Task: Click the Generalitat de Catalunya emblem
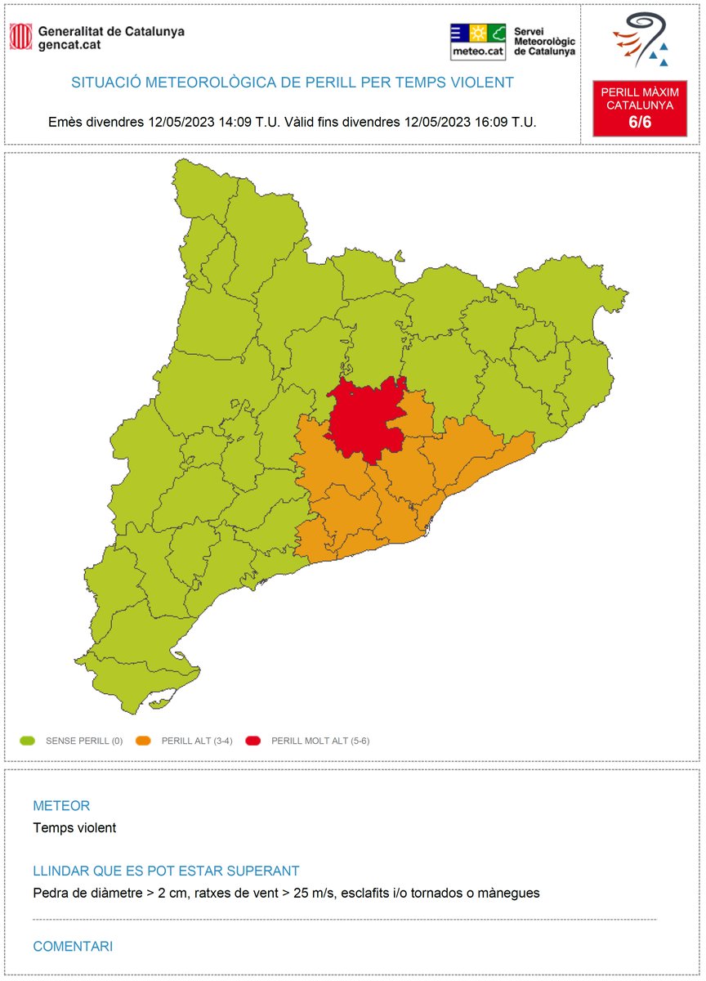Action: pyautogui.click(x=20, y=36)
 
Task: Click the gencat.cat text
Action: pyautogui.click(x=69, y=46)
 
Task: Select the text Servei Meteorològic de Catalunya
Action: pyautogui.click(x=544, y=41)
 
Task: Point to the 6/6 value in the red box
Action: pyautogui.click(x=640, y=122)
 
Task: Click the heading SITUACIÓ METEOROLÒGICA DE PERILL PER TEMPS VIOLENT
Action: pyautogui.click(x=293, y=83)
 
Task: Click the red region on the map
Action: pyautogui.click(x=364, y=417)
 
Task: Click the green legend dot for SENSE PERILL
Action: pyautogui.click(x=28, y=741)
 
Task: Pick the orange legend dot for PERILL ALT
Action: pyautogui.click(x=144, y=741)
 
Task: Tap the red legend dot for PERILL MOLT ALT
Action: pyautogui.click(x=254, y=741)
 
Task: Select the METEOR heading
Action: pyautogui.click(x=61, y=806)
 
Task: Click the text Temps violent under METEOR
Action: pyautogui.click(x=74, y=828)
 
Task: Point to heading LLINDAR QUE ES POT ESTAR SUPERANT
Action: pyautogui.click(x=166, y=871)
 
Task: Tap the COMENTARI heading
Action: pyautogui.click(x=73, y=947)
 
